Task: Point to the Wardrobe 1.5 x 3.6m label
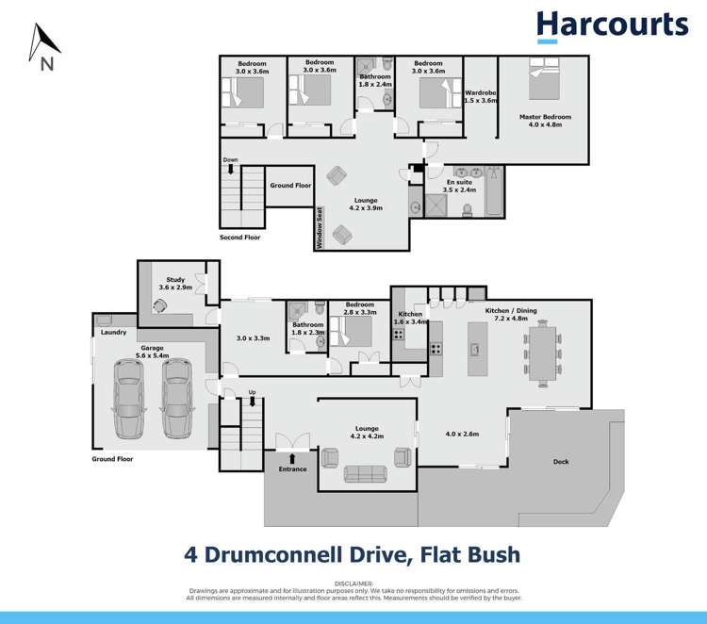(x=481, y=96)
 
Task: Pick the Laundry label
(x=114, y=332)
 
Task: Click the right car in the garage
(x=176, y=399)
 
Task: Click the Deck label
(x=561, y=462)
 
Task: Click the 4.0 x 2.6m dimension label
(x=462, y=435)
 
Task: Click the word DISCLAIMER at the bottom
(x=353, y=583)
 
